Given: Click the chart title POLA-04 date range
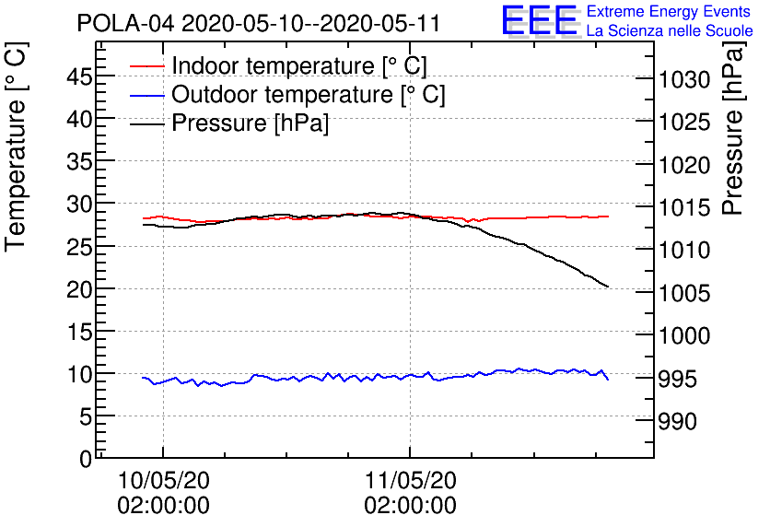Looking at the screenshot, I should (x=259, y=23).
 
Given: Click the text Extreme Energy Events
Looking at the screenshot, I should (x=670, y=12).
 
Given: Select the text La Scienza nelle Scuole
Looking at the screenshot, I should (x=670, y=31).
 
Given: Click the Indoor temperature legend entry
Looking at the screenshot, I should (x=299, y=66).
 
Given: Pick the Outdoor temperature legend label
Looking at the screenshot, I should (x=309, y=95).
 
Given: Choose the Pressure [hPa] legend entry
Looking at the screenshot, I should (x=251, y=123).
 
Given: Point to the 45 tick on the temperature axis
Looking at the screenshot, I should (x=79, y=77).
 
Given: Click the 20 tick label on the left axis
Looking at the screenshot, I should (x=79, y=289).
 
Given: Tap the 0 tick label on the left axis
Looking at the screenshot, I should (x=86, y=458).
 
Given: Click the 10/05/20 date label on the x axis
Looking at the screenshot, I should (x=163, y=480).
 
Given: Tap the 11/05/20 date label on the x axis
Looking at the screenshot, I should (x=410, y=480).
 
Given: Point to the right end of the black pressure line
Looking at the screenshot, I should (x=608, y=287).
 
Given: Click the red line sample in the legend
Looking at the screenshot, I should (x=146, y=66).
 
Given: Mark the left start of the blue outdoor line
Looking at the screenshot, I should (x=143, y=377).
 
